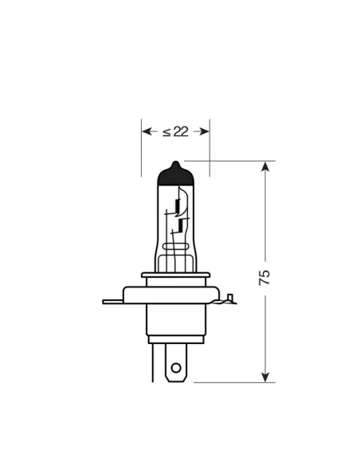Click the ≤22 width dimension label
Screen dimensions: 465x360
[x=175, y=131]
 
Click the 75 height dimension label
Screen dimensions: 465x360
[x=265, y=276]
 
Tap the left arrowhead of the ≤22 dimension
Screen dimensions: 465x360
[x=146, y=131]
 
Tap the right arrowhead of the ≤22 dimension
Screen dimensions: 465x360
[x=205, y=131]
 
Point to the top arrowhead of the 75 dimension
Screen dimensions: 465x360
[x=265, y=166]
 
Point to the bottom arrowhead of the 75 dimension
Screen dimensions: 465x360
[x=265, y=376]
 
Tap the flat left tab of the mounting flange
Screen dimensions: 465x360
[x=114, y=301]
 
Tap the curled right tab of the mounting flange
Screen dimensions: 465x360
[x=229, y=300]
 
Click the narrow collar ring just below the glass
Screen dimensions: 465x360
[x=176, y=276]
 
